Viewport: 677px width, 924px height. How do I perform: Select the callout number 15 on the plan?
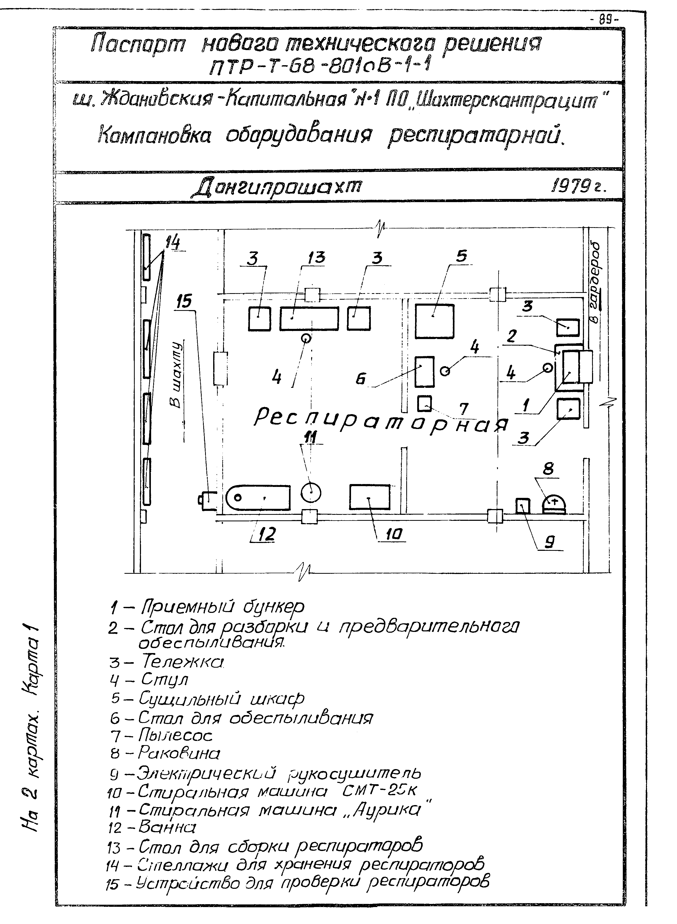click(x=184, y=301)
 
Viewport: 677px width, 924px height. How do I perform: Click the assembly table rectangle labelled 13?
click(x=309, y=319)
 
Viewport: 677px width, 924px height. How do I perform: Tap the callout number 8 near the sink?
click(x=548, y=468)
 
